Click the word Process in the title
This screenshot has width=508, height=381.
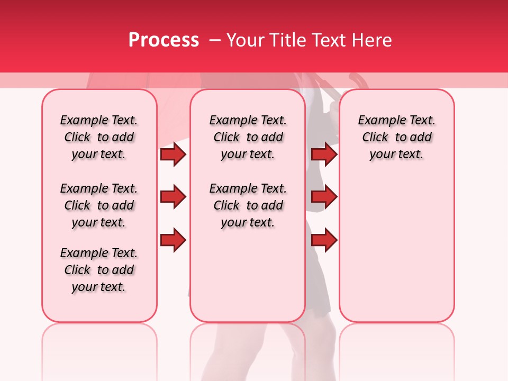164,40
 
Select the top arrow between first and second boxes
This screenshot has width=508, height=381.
173,155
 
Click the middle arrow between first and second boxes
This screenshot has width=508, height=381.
173,197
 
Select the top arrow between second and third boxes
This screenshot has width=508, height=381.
324,155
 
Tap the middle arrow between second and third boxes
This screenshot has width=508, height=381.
324,197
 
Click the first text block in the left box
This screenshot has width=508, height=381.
99,137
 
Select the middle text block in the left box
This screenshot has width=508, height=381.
99,205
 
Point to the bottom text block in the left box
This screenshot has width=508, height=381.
99,270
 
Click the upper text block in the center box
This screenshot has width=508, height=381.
248,137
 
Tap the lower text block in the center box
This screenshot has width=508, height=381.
248,205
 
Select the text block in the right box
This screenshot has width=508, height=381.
396,137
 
